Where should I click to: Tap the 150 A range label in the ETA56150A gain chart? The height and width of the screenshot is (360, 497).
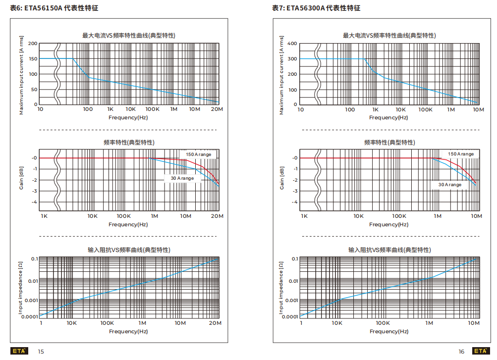(x=198, y=154)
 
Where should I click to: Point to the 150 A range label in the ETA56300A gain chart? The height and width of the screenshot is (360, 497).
(x=461, y=154)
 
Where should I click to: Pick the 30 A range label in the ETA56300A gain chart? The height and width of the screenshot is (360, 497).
(x=449, y=185)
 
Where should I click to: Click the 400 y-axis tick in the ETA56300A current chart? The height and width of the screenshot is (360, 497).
(x=292, y=44)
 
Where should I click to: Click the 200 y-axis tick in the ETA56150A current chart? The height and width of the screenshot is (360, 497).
(x=32, y=44)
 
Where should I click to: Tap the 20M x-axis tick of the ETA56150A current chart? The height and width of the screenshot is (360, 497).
(x=217, y=109)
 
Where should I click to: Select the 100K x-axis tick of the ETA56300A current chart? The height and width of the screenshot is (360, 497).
(x=426, y=109)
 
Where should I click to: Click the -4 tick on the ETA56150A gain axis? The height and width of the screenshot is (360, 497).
(x=34, y=202)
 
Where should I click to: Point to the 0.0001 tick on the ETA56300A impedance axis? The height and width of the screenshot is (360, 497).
(x=289, y=316)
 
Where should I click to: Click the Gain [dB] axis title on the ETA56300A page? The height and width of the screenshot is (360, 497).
(x=282, y=178)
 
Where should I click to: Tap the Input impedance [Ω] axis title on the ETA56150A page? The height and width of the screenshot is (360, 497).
(x=21, y=287)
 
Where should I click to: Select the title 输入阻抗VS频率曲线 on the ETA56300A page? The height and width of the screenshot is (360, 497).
(x=389, y=250)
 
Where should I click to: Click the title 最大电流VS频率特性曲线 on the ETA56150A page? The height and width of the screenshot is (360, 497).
(x=128, y=36)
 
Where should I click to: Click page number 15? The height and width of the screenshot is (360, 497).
(x=41, y=352)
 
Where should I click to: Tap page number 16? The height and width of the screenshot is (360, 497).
(x=461, y=352)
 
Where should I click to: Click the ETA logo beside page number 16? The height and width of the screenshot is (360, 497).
(x=480, y=351)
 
